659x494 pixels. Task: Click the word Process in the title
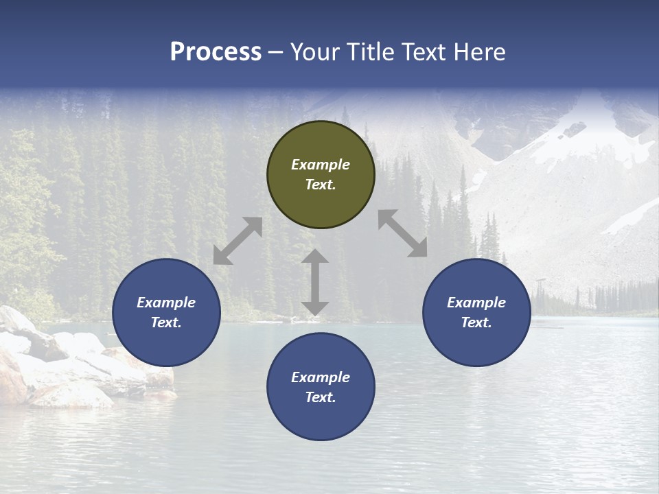click(216, 52)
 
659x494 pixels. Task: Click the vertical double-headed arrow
click(315, 282)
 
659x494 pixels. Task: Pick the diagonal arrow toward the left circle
click(238, 241)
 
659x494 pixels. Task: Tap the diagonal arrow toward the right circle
click(403, 233)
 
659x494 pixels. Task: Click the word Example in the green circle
click(321, 165)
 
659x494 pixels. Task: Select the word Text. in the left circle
click(166, 322)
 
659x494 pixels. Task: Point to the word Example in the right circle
click(476, 303)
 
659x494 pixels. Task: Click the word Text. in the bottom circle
click(321, 397)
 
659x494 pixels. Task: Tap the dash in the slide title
click(276, 52)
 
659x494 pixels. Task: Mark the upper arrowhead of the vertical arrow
click(315, 257)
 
